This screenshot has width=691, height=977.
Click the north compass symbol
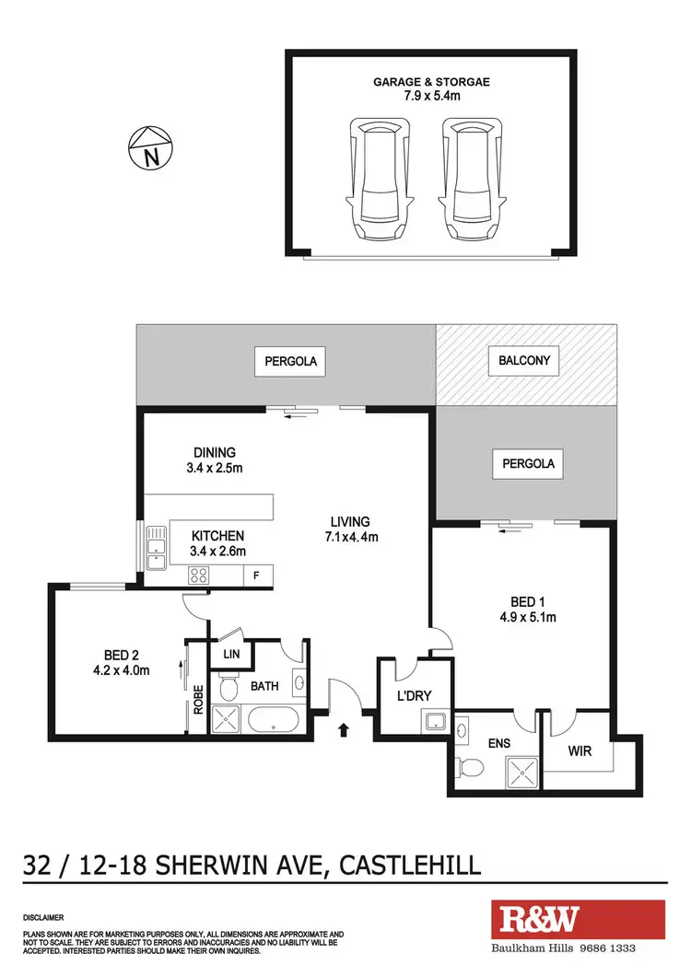pos(149,148)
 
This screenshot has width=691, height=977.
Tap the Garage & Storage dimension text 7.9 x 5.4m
pos(431,98)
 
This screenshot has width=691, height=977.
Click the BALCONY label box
pos(523,360)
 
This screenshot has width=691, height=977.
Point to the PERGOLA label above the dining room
pos(291,362)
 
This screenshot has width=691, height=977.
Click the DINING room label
pos(215,452)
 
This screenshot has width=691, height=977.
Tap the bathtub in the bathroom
pos(277,718)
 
